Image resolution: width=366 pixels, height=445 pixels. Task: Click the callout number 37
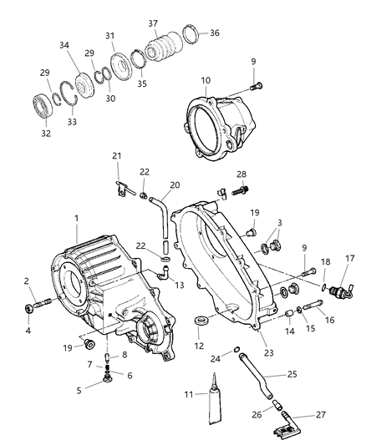(153, 24)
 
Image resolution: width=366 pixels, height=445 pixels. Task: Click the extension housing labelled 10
(218, 124)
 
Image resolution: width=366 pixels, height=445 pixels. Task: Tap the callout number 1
(76, 218)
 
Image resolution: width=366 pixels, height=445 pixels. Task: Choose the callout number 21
(117, 156)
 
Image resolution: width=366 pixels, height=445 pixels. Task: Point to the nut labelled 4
(31, 310)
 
